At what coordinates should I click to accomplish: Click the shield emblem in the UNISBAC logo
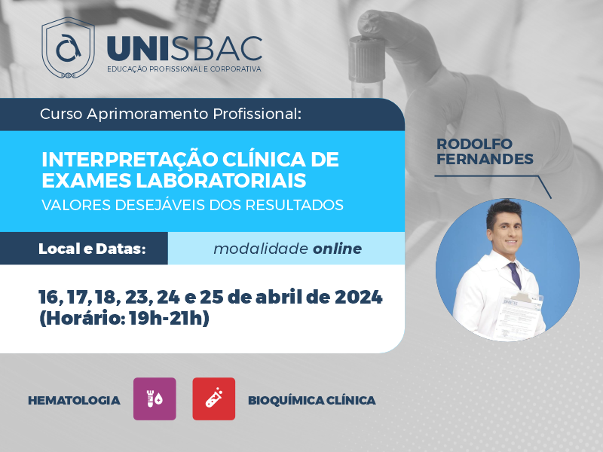[x=68, y=47]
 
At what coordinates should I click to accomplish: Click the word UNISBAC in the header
[x=185, y=49]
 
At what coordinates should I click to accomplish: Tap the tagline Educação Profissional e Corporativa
[x=184, y=69]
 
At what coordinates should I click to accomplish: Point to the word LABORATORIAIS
[x=221, y=180]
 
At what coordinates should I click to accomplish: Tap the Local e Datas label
[x=92, y=249]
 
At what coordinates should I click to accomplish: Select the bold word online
[x=337, y=249]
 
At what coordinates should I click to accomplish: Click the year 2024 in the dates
[x=359, y=297]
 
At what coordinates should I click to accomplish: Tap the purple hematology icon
[x=155, y=399]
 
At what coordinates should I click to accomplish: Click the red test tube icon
[x=214, y=399]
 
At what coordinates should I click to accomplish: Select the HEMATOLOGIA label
[x=74, y=401]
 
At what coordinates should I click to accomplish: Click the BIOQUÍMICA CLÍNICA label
[x=312, y=401]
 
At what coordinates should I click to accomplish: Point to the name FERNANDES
[x=485, y=159]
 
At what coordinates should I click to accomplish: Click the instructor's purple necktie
[x=515, y=276]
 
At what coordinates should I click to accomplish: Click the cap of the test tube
[x=367, y=57]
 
